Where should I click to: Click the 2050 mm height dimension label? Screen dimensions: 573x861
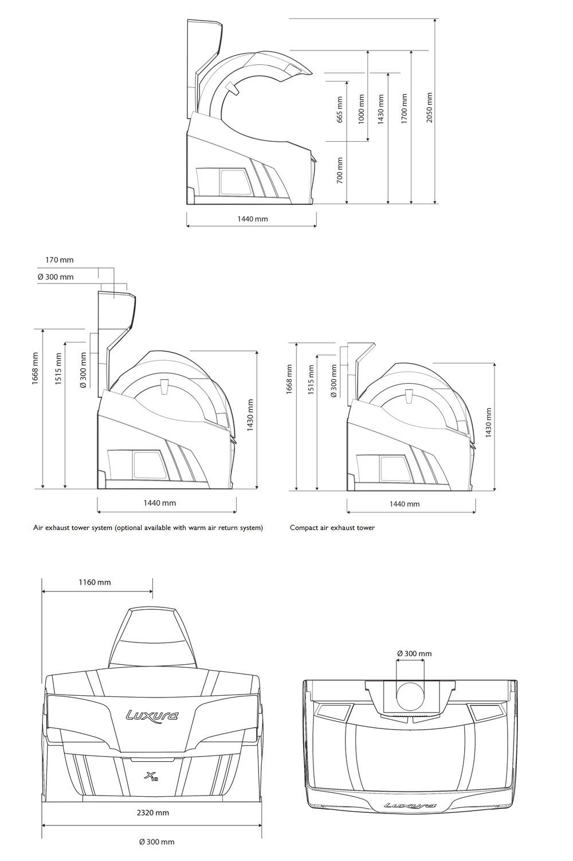[x=429, y=108]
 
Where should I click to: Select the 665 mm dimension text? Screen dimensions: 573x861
[x=339, y=110]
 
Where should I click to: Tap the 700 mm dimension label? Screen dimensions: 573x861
[x=340, y=170]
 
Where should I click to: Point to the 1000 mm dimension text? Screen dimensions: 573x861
[x=361, y=109]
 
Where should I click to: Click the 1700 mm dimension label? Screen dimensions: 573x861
[x=404, y=108]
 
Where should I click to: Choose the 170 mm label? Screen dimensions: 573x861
[x=60, y=260]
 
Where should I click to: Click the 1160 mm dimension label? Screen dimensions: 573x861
[x=95, y=582]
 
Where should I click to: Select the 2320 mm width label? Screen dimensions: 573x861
[x=153, y=813]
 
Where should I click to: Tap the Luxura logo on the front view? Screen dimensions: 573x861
[x=152, y=715]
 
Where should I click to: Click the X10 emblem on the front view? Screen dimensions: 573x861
[x=152, y=777]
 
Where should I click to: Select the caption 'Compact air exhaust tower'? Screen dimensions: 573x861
[x=332, y=527]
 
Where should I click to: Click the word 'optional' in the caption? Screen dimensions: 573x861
[x=129, y=527]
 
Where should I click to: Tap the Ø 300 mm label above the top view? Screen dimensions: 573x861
[x=414, y=653]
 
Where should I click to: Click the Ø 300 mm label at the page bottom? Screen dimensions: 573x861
[x=156, y=852]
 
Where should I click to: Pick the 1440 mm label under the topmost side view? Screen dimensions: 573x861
[x=252, y=219]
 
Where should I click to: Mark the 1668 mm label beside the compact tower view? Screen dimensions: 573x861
[x=289, y=379]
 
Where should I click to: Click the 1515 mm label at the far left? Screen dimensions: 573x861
[x=58, y=369]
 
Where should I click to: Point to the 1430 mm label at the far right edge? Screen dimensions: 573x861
[x=489, y=423]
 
